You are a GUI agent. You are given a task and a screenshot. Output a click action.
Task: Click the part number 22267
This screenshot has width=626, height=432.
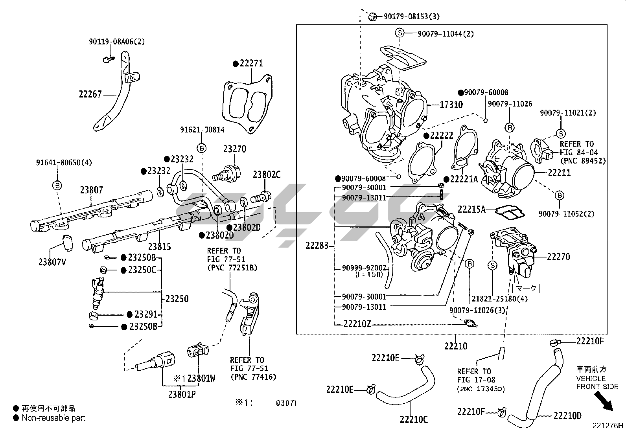click(90, 94)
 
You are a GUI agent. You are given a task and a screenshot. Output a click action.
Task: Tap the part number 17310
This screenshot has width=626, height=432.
click(451, 105)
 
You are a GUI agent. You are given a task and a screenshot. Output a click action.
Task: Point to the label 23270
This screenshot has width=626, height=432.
click(235, 149)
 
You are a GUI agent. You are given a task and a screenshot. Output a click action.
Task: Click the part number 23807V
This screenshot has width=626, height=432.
click(52, 262)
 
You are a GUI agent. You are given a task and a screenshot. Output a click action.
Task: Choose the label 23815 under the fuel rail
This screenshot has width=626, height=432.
click(160, 247)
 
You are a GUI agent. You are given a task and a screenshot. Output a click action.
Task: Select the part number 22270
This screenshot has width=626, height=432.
click(558, 257)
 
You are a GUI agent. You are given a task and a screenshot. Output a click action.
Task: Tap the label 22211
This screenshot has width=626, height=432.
click(559, 173)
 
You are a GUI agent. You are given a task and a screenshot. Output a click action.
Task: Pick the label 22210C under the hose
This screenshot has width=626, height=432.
click(414, 419)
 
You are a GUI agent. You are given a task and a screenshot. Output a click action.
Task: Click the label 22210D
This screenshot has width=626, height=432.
click(567, 415)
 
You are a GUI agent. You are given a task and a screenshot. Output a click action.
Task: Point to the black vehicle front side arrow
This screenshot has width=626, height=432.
click(603, 401)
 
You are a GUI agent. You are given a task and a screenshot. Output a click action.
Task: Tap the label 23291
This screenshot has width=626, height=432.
click(146, 314)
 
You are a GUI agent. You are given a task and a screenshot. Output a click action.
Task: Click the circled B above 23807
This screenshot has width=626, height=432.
click(57, 186)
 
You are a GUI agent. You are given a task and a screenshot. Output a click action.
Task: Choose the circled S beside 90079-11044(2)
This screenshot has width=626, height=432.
click(400, 33)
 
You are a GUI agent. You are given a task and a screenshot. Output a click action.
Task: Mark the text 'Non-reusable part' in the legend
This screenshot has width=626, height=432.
click(53, 418)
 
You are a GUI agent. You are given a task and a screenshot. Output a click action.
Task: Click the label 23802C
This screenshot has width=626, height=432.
click(267, 175)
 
